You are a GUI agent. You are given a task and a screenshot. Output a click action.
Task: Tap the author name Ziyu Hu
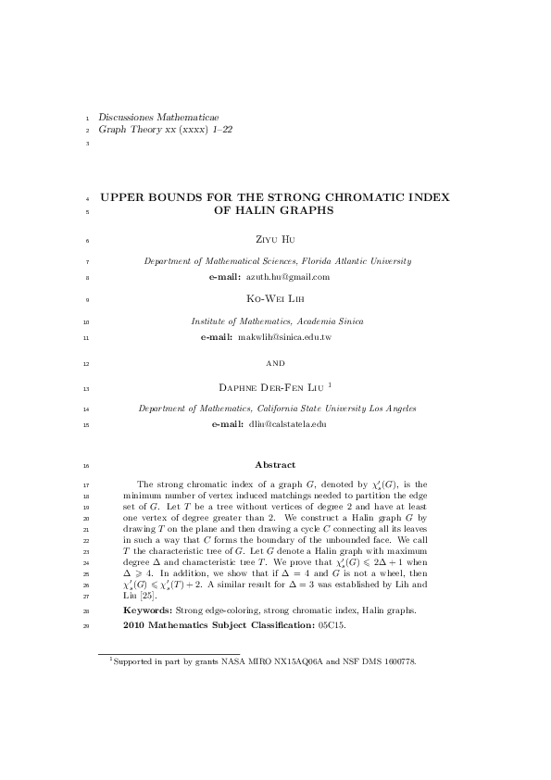(x=275, y=239)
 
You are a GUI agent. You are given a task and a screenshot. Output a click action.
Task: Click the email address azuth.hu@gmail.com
(x=287, y=277)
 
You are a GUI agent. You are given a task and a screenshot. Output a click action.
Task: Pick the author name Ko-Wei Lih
(x=275, y=299)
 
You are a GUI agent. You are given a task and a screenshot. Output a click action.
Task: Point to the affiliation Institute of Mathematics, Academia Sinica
(x=277, y=321)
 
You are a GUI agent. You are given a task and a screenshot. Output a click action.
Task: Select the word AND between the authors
(x=276, y=364)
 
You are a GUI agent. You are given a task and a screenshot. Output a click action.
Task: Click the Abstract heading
(x=275, y=465)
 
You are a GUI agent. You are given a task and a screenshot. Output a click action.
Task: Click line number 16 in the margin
(x=85, y=465)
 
